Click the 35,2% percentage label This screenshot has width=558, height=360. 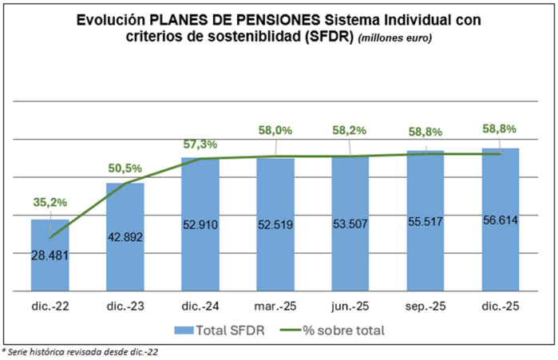coord(49,202)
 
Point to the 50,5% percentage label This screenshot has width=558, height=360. coord(125,168)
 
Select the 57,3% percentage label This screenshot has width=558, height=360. coord(200,144)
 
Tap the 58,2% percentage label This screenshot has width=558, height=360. coord(351,129)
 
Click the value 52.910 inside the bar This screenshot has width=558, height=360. coord(200,225)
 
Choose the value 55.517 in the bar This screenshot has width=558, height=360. coord(425,222)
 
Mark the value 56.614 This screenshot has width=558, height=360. coord(501,220)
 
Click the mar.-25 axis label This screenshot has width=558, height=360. coord(275,306)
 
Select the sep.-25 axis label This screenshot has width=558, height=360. coord(425,306)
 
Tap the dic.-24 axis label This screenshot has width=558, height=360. coord(200,306)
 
